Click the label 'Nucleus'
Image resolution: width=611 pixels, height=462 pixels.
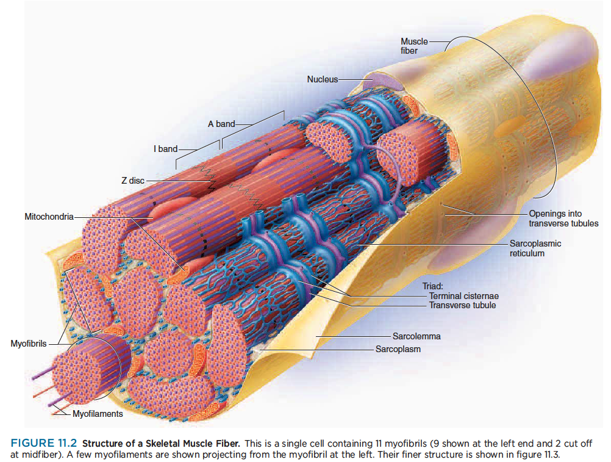tap(322, 79)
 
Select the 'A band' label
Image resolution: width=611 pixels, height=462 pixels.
tap(221, 124)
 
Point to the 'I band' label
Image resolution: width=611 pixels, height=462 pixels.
tap(165, 149)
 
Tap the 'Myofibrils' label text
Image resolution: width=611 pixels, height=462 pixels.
tap(29, 344)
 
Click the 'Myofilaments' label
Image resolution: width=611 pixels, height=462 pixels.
tap(98, 414)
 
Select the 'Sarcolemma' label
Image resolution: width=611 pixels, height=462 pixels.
tap(416, 336)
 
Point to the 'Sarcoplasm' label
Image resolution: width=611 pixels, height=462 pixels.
tap(398, 349)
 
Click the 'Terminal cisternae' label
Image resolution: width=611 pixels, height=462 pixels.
tap(463, 296)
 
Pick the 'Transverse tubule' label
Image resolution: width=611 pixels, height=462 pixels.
tap(462, 305)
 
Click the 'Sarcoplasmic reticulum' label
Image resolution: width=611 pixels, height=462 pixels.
tap(535, 248)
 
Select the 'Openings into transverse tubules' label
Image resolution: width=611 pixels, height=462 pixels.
tap(563, 218)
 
